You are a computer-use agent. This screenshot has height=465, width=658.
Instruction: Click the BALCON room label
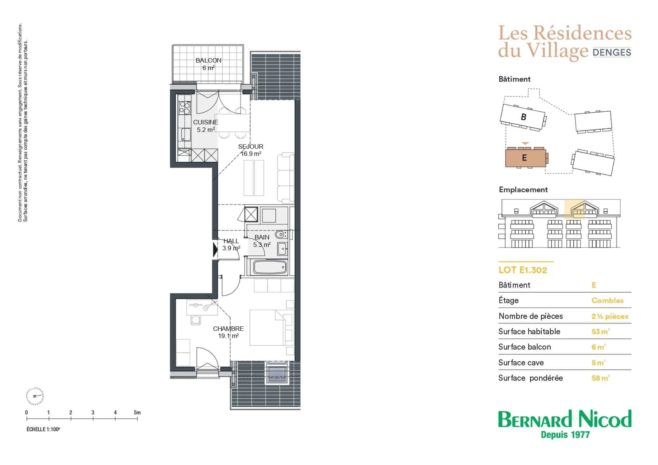coord(208,60)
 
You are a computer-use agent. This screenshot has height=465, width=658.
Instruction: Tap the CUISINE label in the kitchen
coord(205,122)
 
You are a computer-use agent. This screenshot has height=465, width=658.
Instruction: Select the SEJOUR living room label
coord(251,147)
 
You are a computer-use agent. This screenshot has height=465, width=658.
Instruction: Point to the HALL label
coord(231,241)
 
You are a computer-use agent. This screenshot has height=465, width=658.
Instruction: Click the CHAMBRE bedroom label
coord(228,329)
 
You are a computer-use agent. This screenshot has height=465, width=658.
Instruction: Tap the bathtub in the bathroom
coord(270,267)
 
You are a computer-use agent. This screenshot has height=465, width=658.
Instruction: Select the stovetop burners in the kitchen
coord(185,108)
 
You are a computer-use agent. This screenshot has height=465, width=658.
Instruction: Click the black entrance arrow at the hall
coord(215,249)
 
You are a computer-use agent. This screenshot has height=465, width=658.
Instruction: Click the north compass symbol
coord(35,396)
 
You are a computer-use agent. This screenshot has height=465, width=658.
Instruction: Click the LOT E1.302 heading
coord(523,270)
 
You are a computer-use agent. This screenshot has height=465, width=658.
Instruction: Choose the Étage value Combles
coord(608,301)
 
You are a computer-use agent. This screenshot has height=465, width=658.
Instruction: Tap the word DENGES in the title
coord(612,52)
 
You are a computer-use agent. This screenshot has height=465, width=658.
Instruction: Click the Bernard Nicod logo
coord(565,424)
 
